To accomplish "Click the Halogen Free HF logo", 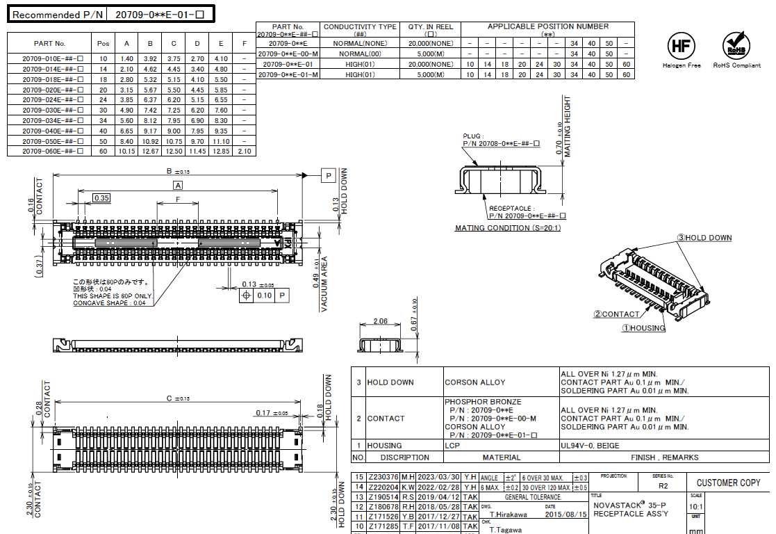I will (x=681, y=47).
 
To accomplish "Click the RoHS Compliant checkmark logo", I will (x=736, y=46).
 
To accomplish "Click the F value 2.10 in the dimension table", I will (x=245, y=151).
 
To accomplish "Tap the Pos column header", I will (x=104, y=44).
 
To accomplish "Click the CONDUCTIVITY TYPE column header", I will (x=360, y=30).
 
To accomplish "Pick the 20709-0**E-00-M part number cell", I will (x=288, y=54).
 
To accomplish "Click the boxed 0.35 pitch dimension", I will (x=101, y=198).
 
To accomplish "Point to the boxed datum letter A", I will (x=178, y=186).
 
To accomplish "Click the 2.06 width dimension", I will (x=380, y=321).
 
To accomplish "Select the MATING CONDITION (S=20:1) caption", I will (x=507, y=228).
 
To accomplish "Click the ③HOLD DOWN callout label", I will (x=704, y=238).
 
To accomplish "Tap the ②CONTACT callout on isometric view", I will (x=616, y=314).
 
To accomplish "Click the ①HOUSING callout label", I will (x=643, y=328).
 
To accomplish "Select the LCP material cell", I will (x=453, y=446).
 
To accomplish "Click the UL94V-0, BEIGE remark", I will (x=590, y=446).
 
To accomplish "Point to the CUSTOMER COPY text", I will (x=728, y=483).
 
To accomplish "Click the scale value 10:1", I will (x=695, y=506).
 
